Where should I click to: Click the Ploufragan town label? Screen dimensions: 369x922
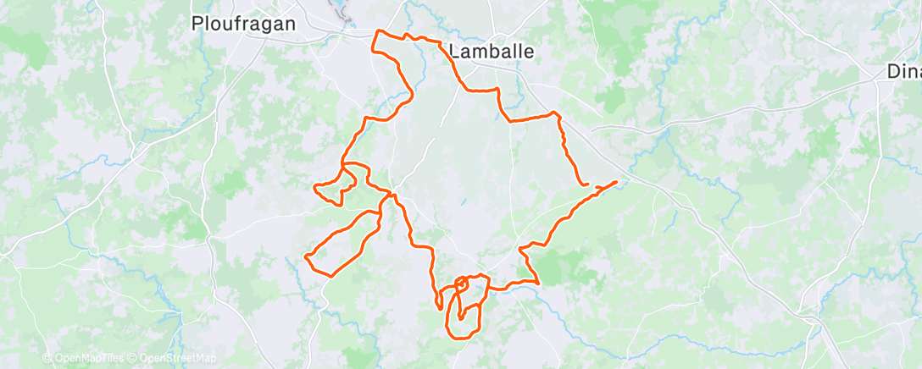click(x=244, y=24)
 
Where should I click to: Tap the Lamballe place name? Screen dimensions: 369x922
click(x=492, y=51)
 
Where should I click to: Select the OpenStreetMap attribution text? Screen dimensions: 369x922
click(x=177, y=359)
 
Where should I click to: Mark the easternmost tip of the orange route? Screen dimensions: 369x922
click(x=617, y=182)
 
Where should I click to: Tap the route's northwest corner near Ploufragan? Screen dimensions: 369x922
click(x=377, y=33)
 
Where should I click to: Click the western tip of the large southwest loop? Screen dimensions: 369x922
click(x=306, y=256)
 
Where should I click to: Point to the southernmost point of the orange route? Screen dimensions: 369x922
click(x=464, y=338)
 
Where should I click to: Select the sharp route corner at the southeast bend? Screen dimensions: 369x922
click(x=538, y=283)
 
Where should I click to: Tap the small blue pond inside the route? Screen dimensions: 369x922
click(x=464, y=203)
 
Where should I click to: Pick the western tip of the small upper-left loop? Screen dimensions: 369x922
click(x=314, y=185)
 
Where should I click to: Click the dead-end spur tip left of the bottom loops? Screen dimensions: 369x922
click(x=439, y=306)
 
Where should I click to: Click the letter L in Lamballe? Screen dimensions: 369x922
click(x=453, y=51)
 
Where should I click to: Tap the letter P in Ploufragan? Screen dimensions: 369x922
click(x=197, y=24)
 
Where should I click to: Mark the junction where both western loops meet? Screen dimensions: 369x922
click(x=390, y=195)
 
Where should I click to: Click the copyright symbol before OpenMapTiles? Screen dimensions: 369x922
click(x=47, y=359)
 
